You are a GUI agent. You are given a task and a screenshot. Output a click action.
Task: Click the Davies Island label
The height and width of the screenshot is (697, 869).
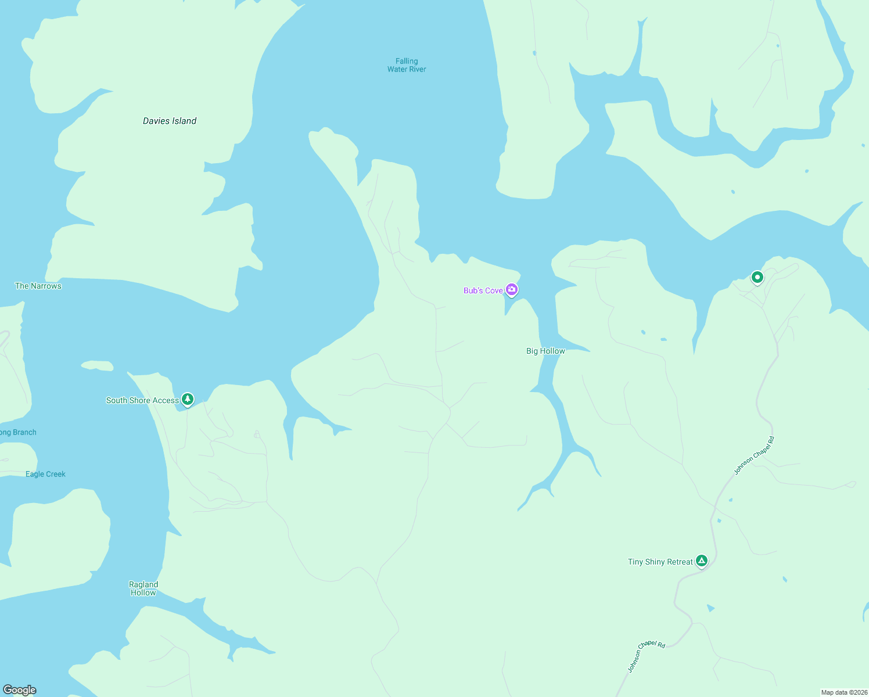pyautogui.click(x=170, y=121)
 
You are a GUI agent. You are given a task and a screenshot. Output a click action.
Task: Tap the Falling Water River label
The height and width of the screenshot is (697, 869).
pyautogui.click(x=407, y=65)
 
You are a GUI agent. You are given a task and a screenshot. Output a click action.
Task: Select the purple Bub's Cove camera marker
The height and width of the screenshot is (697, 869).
pyautogui.click(x=512, y=289)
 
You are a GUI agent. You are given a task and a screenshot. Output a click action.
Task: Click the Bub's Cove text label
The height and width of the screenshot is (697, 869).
pyautogui.click(x=483, y=290)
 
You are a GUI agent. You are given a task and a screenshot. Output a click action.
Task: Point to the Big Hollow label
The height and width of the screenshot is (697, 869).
pyautogui.click(x=545, y=351)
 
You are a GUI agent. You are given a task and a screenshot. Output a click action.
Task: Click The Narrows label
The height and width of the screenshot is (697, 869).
pyautogui.click(x=38, y=286)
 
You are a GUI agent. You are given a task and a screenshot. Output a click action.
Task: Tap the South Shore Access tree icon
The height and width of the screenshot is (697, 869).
pyautogui.click(x=187, y=400)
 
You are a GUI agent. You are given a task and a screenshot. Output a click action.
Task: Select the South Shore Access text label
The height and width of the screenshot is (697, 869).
pyautogui.click(x=142, y=400)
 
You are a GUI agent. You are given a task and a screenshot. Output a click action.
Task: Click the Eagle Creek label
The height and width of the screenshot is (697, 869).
pyautogui.click(x=45, y=474)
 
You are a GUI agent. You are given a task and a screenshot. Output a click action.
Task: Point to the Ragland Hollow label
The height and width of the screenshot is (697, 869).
pyautogui.click(x=143, y=588)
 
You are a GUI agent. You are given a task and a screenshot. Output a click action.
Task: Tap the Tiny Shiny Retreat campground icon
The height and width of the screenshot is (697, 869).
pyautogui.click(x=702, y=561)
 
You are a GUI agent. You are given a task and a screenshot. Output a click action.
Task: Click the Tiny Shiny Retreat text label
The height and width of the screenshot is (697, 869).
pyautogui.click(x=660, y=562)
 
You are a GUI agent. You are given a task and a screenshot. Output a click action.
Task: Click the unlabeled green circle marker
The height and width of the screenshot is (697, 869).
pyautogui.click(x=757, y=278)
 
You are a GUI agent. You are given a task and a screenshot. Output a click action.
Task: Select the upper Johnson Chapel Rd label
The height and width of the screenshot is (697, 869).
pyautogui.click(x=754, y=455)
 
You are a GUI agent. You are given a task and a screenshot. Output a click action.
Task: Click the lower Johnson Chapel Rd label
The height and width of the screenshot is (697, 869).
pyautogui.click(x=646, y=656)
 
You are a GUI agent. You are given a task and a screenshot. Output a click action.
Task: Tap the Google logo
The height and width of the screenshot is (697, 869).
pyautogui.click(x=20, y=689)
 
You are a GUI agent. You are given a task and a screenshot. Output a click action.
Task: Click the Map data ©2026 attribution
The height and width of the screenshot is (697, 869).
pyautogui.click(x=844, y=692)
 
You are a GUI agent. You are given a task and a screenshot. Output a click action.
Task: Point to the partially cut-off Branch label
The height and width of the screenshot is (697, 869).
pyautogui.click(x=18, y=432)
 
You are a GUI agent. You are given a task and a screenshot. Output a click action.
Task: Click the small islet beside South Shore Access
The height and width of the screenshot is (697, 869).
pyautogui.click(x=97, y=365)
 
